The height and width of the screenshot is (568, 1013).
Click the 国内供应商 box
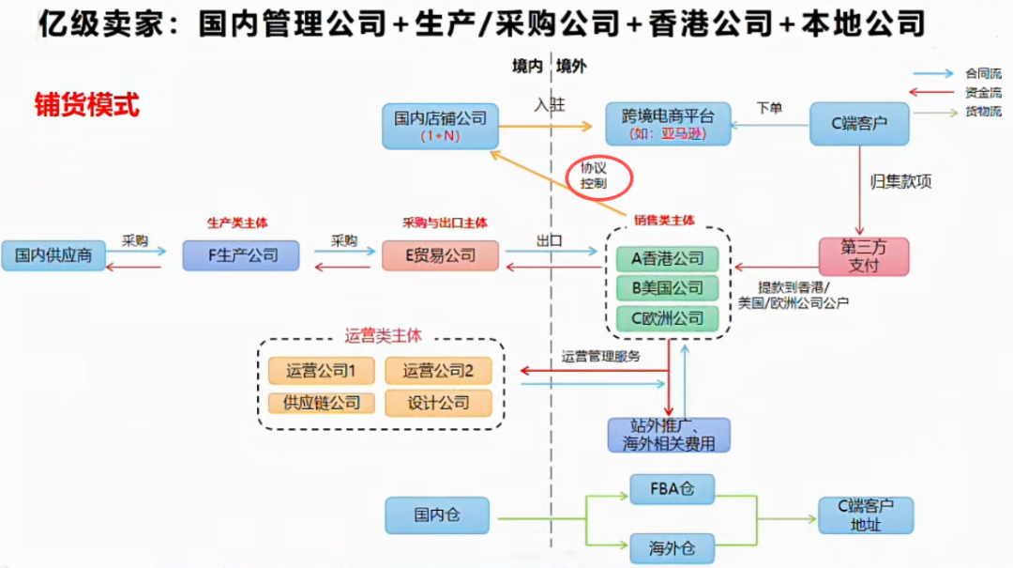(53, 255)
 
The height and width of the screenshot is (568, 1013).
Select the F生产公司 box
(241, 255)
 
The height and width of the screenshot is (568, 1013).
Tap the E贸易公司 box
(440, 255)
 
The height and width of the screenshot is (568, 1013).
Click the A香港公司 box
(667, 258)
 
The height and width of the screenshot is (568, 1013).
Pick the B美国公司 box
(667, 288)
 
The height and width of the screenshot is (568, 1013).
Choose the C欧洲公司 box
(667, 318)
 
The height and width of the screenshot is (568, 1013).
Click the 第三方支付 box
(863, 256)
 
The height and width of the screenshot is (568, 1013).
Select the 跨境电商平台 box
(667, 125)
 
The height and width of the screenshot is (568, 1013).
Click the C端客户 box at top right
(859, 124)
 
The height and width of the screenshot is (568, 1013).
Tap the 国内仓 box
(438, 515)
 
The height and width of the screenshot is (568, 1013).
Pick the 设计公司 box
(438, 403)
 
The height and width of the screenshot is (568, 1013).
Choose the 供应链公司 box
(322, 403)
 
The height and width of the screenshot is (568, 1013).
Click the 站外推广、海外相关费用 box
(668, 435)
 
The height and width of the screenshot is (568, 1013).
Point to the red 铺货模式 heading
(86, 104)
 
